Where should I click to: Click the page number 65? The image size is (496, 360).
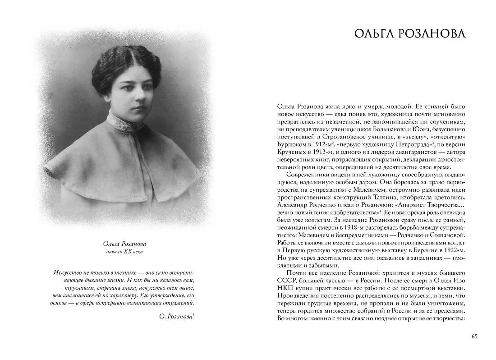pos(474,336)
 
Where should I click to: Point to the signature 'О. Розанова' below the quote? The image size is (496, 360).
pos(176,317)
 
